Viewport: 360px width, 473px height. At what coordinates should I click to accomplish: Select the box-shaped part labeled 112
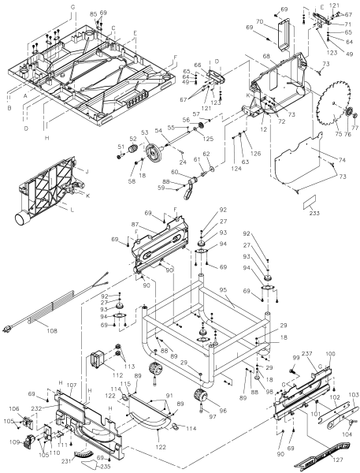tap(99, 361)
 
